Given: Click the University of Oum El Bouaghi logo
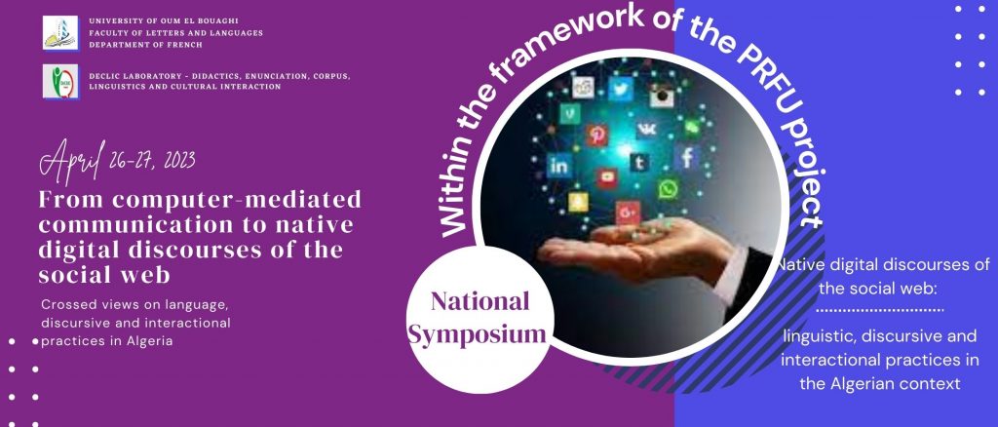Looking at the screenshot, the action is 60,32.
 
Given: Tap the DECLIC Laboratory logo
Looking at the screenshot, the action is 60,81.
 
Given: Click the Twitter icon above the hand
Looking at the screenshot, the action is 620,89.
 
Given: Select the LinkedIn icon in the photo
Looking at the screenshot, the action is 558,167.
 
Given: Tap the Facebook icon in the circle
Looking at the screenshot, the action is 687,157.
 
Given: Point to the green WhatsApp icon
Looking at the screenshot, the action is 668,188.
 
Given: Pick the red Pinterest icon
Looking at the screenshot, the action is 596,135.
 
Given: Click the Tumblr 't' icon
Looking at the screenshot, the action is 639,162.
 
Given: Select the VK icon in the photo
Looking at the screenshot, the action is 647,130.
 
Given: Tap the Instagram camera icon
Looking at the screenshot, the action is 662,96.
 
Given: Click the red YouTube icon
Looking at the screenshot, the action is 606,178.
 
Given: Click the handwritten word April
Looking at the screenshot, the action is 71,160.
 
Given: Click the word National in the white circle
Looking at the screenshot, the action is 480,301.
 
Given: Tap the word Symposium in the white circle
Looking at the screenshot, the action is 478,333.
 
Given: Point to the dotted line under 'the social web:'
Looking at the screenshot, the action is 879,311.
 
